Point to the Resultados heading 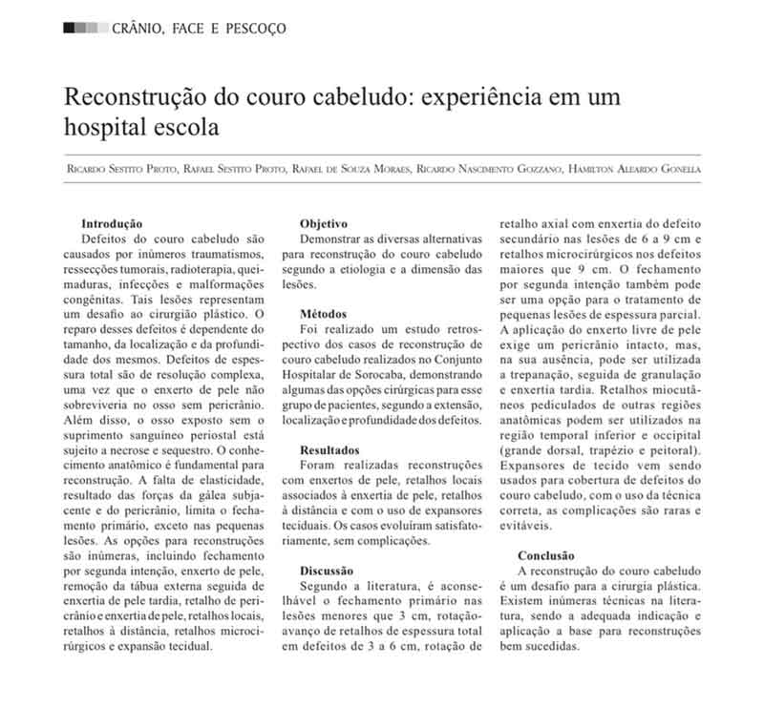[329, 447]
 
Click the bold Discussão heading [329, 569]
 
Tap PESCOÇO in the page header [255, 29]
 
